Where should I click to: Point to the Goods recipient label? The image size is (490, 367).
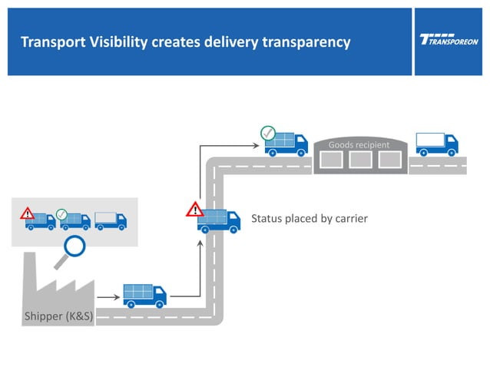(x=359, y=144)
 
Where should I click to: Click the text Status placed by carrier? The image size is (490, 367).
(x=310, y=219)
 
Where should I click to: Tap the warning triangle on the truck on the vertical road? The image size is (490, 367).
(x=195, y=208)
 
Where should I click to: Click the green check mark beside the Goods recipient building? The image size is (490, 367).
(x=267, y=132)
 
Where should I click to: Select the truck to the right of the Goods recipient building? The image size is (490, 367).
(x=436, y=144)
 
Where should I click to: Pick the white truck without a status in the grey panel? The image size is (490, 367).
(x=111, y=221)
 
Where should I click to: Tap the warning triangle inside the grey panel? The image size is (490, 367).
(x=28, y=213)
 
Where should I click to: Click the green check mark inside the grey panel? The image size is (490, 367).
(x=62, y=213)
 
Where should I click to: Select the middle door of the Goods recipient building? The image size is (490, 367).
(x=359, y=160)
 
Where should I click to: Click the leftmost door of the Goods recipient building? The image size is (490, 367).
(x=330, y=160)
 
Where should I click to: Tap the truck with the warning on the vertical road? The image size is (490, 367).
(x=213, y=221)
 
